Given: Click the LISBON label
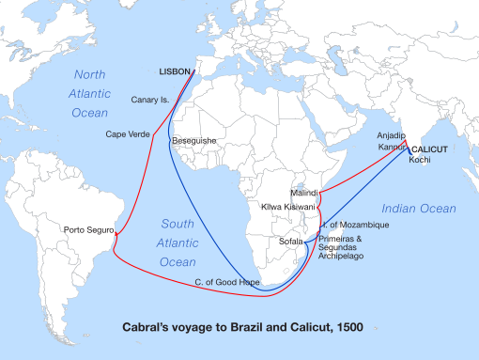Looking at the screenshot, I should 173,71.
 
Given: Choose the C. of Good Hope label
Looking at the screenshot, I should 226,281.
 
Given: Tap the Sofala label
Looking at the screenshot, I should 291,241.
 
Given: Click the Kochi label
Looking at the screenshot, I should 419,161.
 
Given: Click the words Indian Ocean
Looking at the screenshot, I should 418,208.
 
